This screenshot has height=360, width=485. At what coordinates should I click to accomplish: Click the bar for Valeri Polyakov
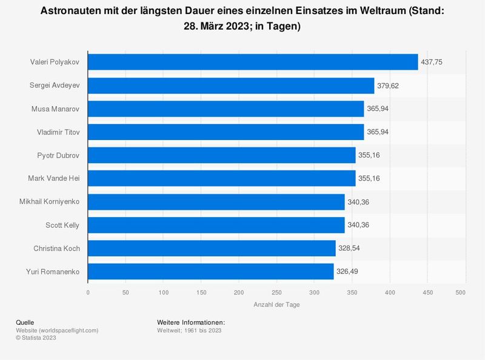[253, 62]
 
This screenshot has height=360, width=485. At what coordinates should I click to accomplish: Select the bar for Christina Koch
[212, 248]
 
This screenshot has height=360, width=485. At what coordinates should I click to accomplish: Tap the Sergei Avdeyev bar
[231, 85]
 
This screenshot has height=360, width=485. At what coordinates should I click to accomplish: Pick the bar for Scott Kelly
[216, 225]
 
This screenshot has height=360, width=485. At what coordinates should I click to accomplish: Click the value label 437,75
[432, 62]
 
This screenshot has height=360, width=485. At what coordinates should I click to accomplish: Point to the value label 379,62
[389, 85]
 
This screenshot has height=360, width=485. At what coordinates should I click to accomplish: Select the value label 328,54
[350, 248]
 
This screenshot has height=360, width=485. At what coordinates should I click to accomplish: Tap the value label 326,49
[348, 271]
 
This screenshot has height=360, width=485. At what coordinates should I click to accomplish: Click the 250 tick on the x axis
[276, 293]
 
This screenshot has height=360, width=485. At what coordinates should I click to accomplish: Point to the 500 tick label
[460, 293]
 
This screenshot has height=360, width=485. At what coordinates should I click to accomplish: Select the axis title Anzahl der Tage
[276, 305]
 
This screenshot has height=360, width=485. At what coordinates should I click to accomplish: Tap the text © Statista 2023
[36, 338]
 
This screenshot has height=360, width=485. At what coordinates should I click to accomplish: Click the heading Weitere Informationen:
[191, 322]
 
